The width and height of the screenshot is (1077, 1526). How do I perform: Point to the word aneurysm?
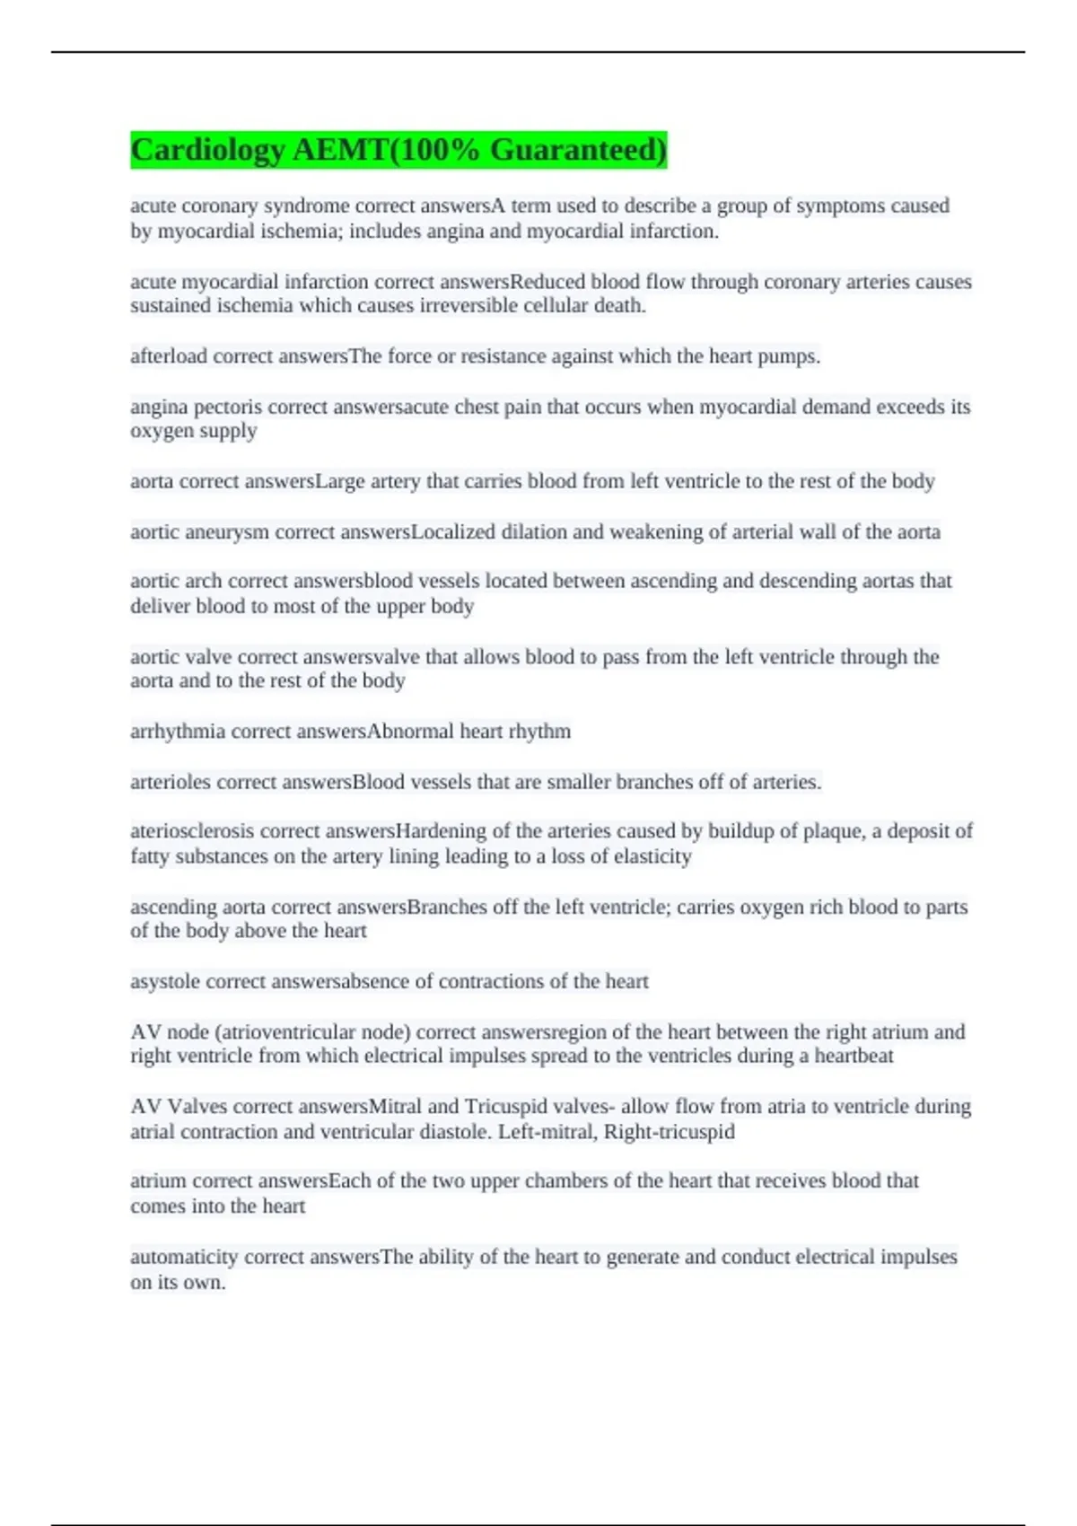pos(227,532)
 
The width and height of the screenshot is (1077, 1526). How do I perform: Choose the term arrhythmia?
pos(178,732)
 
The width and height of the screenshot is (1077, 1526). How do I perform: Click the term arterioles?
pos(171,782)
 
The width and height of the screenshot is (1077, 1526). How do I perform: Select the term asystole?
pos(165,982)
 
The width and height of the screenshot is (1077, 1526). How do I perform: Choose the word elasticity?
pos(648,856)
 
